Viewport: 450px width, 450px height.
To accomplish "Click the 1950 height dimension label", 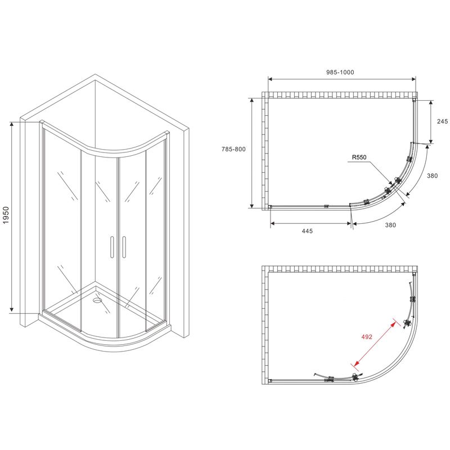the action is pyautogui.click(x=6, y=215).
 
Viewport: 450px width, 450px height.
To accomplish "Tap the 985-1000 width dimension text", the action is pyautogui.click(x=340, y=73).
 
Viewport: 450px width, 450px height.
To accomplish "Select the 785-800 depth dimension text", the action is pyautogui.click(x=233, y=149).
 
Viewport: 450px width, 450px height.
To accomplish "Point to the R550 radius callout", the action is pyautogui.click(x=359, y=157).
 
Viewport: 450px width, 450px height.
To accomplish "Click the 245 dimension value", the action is pyautogui.click(x=442, y=121).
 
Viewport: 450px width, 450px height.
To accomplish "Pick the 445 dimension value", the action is pyautogui.click(x=307, y=231).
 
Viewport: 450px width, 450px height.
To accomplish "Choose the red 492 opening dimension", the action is pyautogui.click(x=367, y=336).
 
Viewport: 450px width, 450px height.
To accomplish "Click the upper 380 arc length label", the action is pyautogui.click(x=433, y=175).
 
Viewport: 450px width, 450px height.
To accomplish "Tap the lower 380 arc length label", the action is pyautogui.click(x=390, y=225).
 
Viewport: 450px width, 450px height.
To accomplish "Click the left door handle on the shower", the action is pyautogui.click(x=112, y=247).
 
